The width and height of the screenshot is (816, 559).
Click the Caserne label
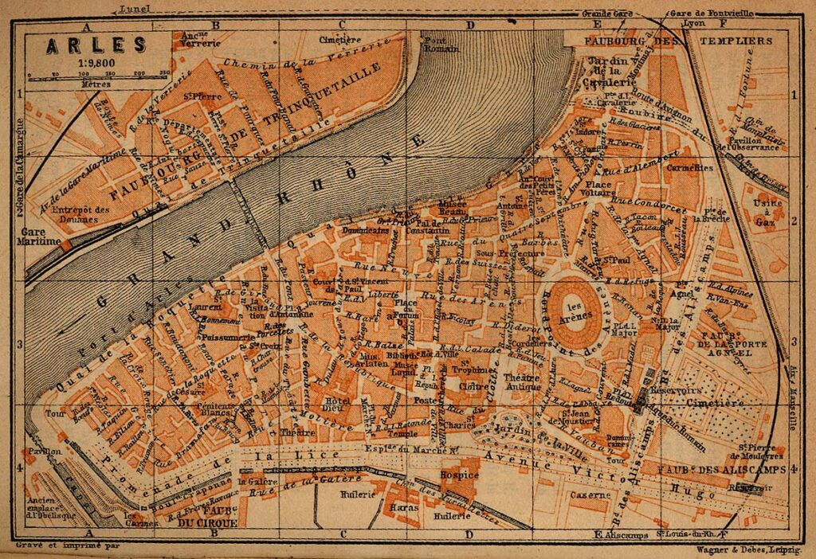point(589,494)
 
